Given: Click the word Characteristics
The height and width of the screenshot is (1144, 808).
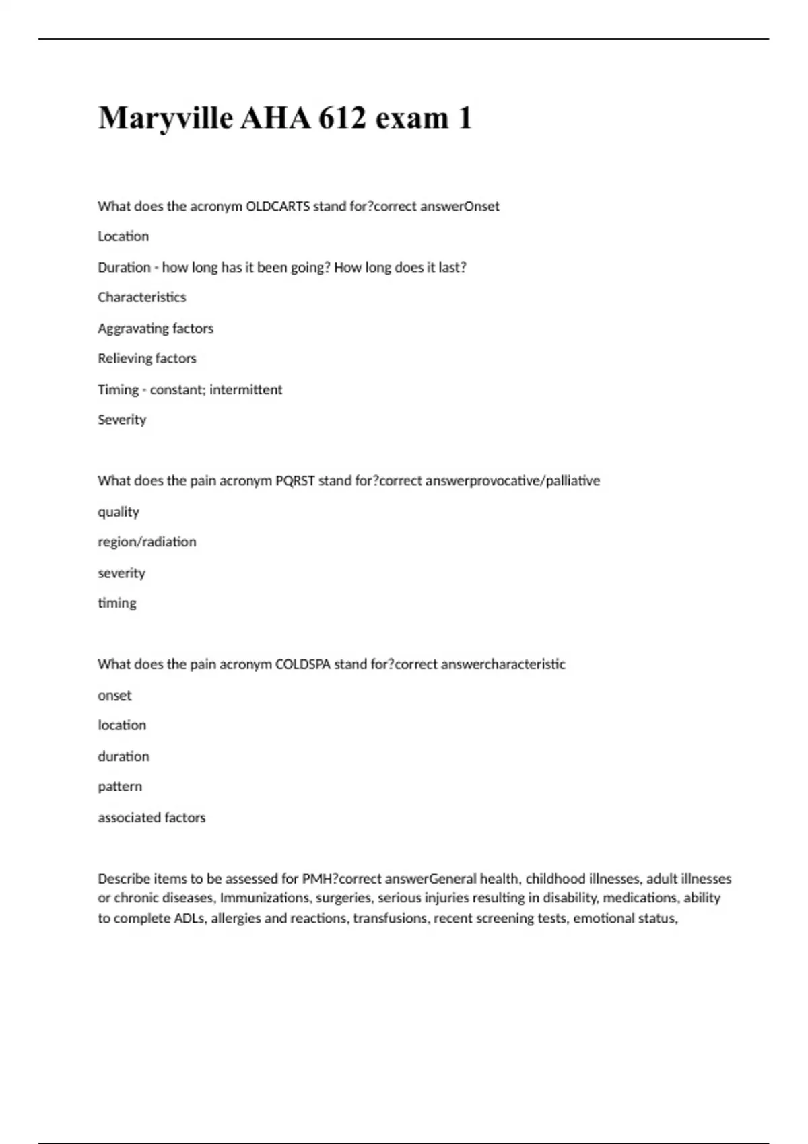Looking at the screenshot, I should tap(141, 297).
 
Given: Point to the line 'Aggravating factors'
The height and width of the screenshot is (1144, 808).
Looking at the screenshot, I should tap(156, 328).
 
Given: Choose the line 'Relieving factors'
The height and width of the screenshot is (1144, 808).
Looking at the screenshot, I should tap(147, 359).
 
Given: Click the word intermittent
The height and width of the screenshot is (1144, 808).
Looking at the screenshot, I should tap(246, 390).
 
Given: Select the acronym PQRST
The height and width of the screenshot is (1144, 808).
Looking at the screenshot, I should tap(295, 481).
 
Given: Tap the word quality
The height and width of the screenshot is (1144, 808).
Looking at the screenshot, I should tap(119, 512).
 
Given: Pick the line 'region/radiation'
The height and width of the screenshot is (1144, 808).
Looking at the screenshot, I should tap(147, 542).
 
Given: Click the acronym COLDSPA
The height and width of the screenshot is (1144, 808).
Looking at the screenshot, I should tap(303, 664).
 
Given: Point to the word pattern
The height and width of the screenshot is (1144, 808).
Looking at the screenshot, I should tap(120, 787).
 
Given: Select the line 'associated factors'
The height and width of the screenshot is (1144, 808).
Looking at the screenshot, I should tap(151, 818).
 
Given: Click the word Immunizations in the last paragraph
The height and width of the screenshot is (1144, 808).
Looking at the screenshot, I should tap(264, 898).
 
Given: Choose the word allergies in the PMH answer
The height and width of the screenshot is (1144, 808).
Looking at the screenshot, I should tap(235, 919).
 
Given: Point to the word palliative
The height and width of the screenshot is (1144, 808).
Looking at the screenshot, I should tap(572, 481).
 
